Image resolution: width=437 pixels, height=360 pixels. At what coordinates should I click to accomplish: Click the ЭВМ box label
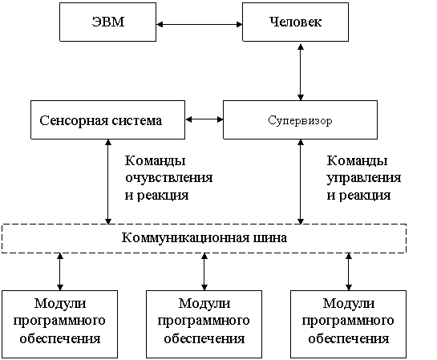(108, 22)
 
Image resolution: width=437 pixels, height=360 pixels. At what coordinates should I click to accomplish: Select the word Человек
(295, 22)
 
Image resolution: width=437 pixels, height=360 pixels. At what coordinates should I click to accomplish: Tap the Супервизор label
(300, 120)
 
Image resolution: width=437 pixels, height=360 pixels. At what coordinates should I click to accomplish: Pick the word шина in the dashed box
(269, 238)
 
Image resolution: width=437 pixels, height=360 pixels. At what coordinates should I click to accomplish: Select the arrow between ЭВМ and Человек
(200, 25)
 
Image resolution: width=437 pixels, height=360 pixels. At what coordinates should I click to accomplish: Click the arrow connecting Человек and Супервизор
(301, 72)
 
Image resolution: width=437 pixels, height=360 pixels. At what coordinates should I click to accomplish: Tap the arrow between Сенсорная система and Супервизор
(204, 119)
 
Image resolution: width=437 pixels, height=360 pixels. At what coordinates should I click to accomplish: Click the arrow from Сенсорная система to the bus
(108, 182)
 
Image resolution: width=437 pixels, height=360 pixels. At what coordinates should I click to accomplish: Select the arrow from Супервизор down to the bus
(301, 182)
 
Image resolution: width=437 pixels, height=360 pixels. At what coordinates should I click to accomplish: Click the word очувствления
(169, 178)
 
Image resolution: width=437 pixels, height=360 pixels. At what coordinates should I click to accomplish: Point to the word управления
(364, 178)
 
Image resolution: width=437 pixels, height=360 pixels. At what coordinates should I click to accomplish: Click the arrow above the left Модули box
(60, 272)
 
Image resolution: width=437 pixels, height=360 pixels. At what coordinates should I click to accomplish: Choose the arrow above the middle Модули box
(204, 272)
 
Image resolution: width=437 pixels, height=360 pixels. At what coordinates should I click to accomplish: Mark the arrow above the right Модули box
(349, 272)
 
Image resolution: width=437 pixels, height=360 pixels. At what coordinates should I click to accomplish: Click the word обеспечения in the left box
(60, 339)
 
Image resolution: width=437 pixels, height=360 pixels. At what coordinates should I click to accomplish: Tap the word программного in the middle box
(204, 322)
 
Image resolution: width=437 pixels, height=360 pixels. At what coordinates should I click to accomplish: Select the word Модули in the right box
(349, 303)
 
